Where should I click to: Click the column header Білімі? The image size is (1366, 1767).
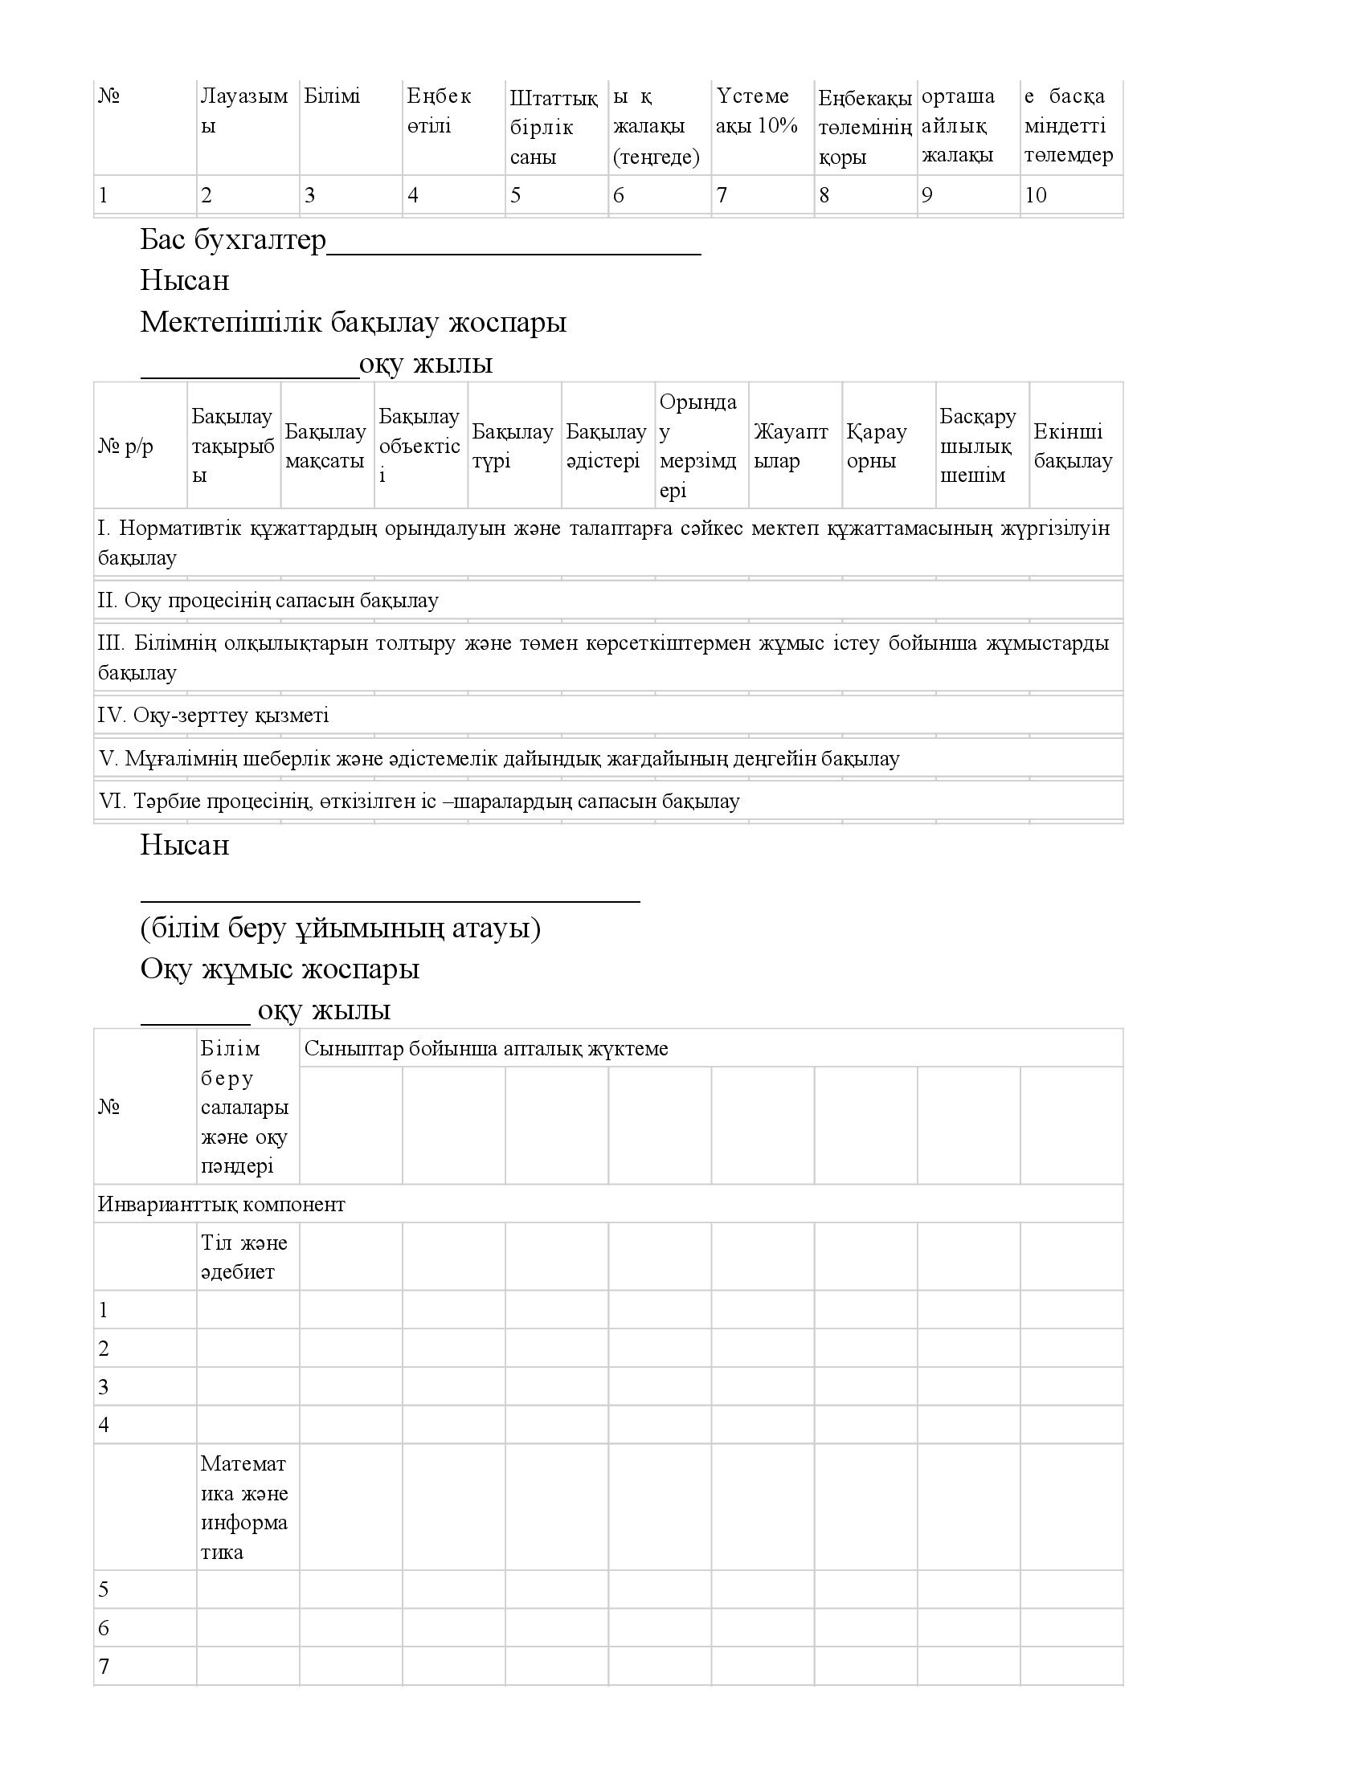(x=332, y=97)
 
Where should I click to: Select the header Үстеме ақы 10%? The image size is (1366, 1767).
(x=756, y=112)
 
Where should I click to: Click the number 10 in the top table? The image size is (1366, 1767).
(x=1035, y=195)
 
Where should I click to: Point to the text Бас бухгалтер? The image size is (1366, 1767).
(x=233, y=240)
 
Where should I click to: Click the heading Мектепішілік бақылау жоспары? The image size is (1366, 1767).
(x=353, y=323)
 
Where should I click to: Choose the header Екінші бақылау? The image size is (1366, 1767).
(x=1072, y=447)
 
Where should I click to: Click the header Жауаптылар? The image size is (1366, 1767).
(x=790, y=447)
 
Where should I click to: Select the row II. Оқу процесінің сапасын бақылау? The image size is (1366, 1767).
(x=268, y=600)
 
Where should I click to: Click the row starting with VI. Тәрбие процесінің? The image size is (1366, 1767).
(x=419, y=801)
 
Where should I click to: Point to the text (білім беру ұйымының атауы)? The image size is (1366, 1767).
(x=340, y=928)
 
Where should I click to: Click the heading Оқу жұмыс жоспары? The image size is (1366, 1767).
(x=279, y=969)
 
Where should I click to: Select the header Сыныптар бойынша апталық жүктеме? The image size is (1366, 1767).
(x=485, y=1048)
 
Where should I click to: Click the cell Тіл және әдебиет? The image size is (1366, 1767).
(x=243, y=1257)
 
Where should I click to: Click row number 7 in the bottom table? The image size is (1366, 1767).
(x=104, y=1666)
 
